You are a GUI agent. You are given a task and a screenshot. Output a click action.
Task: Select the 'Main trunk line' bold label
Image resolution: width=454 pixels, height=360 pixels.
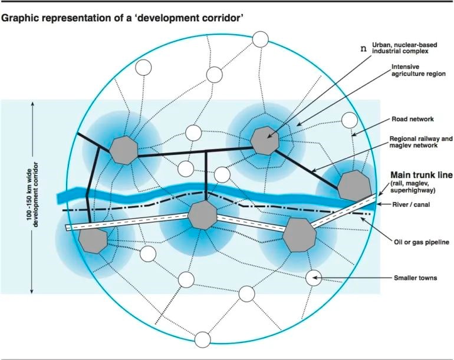[420, 176]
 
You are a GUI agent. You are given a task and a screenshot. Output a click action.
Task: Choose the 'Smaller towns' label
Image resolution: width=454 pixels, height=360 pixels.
[416, 278]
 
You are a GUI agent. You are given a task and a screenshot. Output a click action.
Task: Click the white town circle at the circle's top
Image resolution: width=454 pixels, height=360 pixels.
[260, 39]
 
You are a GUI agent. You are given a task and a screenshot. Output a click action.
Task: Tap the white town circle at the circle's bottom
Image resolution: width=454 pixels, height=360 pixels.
[203, 340]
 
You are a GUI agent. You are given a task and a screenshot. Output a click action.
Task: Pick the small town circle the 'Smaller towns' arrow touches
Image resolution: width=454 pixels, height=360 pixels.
[313, 277]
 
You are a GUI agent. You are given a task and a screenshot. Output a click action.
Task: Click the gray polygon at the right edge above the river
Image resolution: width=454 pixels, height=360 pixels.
[356, 186]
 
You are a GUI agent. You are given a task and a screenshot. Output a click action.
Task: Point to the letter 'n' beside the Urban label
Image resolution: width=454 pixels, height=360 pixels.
[364, 47]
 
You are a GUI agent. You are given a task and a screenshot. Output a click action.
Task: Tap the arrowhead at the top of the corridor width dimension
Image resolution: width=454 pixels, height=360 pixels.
[32, 105]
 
